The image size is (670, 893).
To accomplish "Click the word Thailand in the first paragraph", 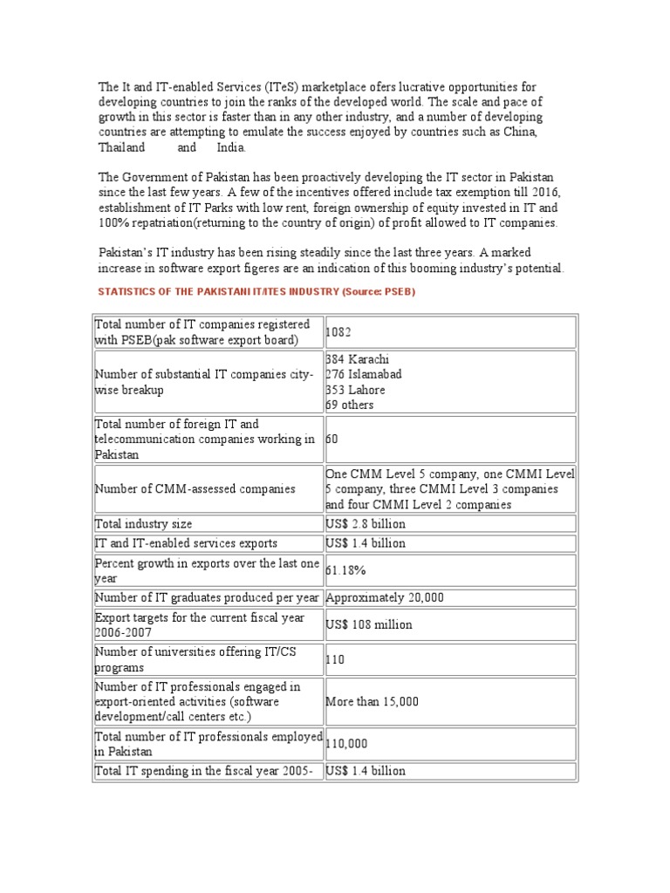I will (121, 147).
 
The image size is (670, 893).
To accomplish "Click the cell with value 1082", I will (339, 332).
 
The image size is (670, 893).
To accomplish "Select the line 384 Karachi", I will (358, 360).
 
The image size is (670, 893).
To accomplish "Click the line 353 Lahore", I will (357, 390).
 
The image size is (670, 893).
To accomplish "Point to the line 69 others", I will (350, 405).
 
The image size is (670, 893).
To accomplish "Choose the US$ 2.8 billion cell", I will (366, 524).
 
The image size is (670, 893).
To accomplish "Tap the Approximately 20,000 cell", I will (385, 597).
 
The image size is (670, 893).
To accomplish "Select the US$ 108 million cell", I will (369, 624).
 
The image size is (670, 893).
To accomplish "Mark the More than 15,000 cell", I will (373, 701).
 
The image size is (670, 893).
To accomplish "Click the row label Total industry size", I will (144, 524).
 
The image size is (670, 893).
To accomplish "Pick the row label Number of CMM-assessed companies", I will (195, 489).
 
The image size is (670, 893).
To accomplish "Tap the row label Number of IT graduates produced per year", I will (207, 597).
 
